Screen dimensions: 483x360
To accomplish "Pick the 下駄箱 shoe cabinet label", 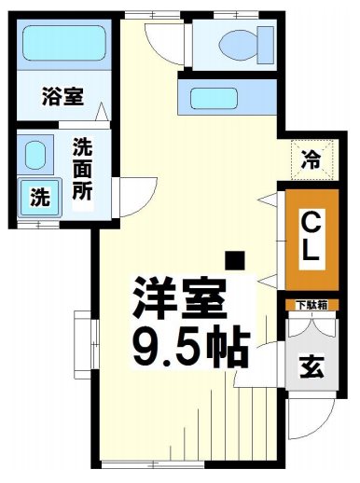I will (x=311, y=305).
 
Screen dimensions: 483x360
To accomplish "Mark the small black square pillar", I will (x=237, y=258).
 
